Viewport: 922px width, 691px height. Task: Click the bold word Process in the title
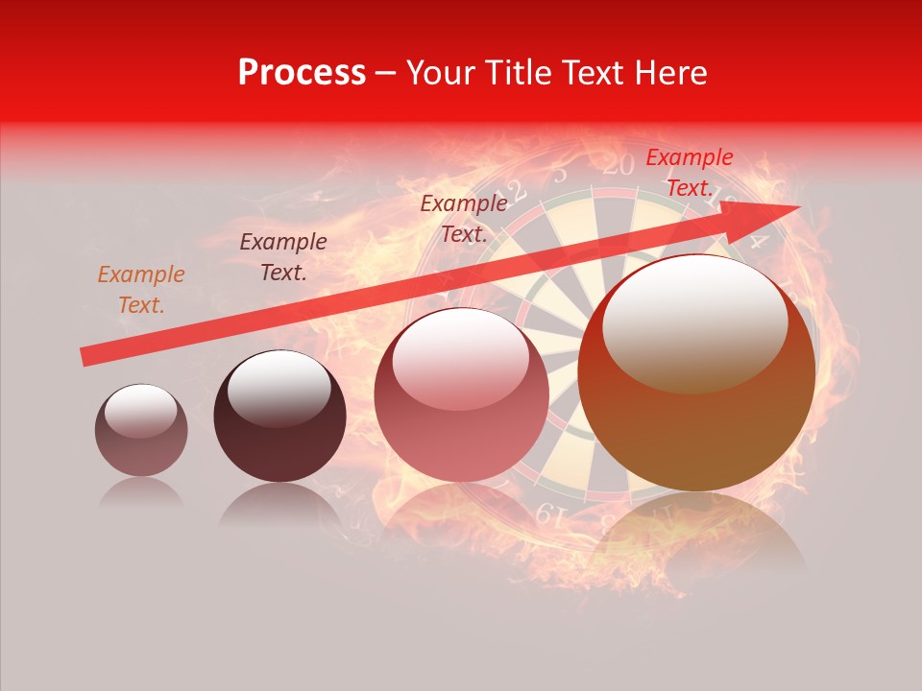pyautogui.click(x=302, y=73)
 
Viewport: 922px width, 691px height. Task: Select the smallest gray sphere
pyautogui.click(x=141, y=430)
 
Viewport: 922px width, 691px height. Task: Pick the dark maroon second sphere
pyautogui.click(x=279, y=417)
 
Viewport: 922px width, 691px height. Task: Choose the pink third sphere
pyautogui.click(x=461, y=395)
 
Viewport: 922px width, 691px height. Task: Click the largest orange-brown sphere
pyautogui.click(x=696, y=373)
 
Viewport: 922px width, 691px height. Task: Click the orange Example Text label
pyautogui.click(x=141, y=290)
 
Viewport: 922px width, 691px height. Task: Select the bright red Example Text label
pyautogui.click(x=689, y=173)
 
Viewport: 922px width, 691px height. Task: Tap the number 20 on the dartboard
pyautogui.click(x=619, y=165)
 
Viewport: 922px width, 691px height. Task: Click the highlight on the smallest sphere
pyautogui.click(x=140, y=411)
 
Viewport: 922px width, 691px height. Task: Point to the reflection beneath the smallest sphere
pyautogui.click(x=140, y=493)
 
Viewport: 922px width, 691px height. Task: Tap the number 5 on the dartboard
pyautogui.click(x=560, y=174)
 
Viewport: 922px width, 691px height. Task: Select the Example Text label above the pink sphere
pyautogui.click(x=464, y=218)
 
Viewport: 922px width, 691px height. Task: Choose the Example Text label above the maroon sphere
pyautogui.click(x=283, y=257)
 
